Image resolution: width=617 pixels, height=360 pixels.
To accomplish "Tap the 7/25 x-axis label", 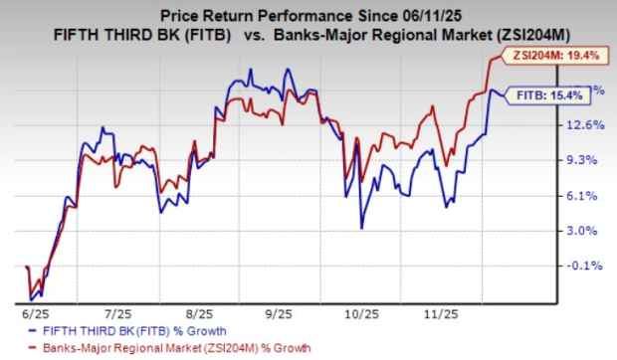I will [x=118, y=310].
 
